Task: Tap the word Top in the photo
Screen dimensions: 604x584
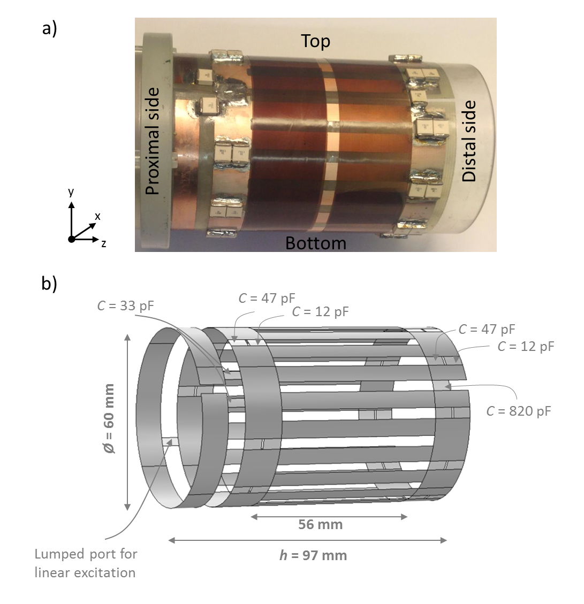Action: [315, 41]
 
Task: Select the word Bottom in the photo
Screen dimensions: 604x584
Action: [315, 243]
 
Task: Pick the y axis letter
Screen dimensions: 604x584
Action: [71, 192]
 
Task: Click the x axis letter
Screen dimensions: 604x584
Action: [97, 216]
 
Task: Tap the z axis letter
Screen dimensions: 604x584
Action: [103, 244]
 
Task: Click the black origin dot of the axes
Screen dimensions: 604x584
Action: [71, 239]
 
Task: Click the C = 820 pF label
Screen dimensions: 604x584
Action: [518, 411]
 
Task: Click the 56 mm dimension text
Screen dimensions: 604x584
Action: [320, 524]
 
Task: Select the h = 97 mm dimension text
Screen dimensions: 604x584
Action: [313, 555]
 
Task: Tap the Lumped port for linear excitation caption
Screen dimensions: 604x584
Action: [85, 563]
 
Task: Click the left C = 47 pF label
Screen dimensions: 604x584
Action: [267, 298]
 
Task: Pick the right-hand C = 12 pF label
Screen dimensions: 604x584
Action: [526, 346]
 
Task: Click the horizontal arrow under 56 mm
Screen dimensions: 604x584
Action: [329, 516]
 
